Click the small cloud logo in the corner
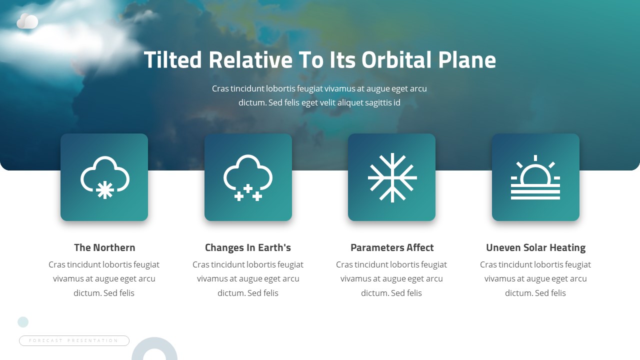27,21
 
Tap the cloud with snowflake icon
104,177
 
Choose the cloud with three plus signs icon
248,177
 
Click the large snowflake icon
392,177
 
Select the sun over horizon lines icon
535,177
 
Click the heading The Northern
104,247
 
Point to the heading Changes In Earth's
248,247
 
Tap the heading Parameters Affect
392,247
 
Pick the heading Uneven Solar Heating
535,247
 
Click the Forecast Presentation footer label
74,340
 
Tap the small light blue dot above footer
23,322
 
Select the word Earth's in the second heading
274,247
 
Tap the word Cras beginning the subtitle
220,88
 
